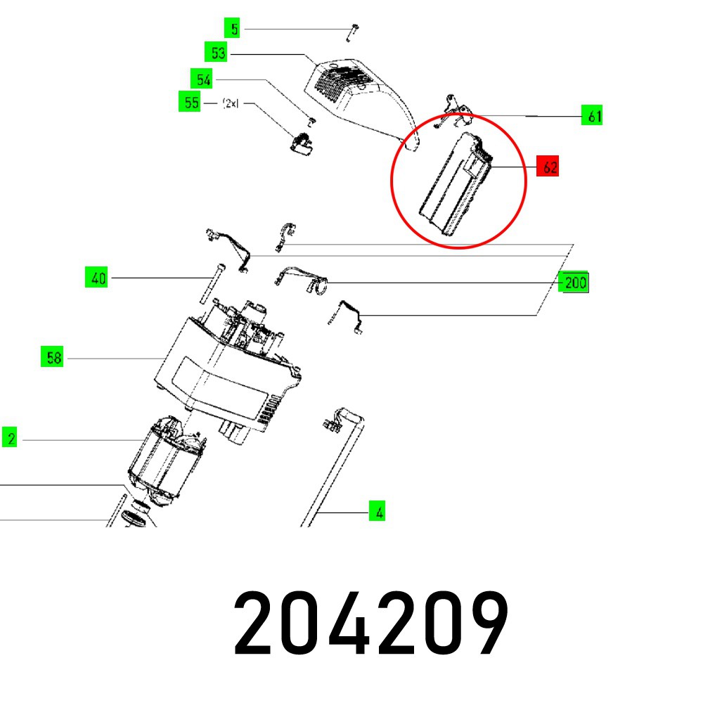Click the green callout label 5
pos(235,29)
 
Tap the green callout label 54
pos(203,79)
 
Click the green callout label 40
pos(97,278)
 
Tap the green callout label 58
pos(53,358)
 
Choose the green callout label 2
pos(11,439)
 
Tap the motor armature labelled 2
pos(167,460)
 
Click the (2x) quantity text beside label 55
pos(231,103)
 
